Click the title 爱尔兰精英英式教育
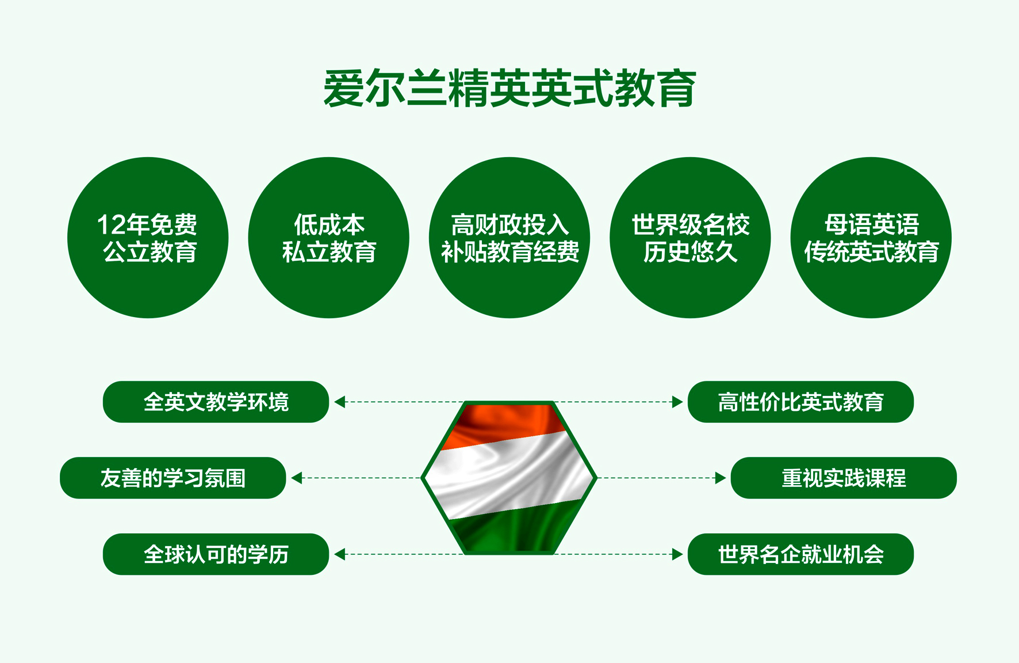click(510, 88)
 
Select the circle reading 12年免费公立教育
click(148, 238)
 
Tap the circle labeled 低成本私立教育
click(329, 238)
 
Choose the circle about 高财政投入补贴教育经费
click(510, 238)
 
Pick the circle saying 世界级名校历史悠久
click(690, 238)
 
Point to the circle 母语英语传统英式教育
click(871, 238)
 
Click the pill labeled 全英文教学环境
click(216, 402)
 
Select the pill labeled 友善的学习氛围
click(173, 478)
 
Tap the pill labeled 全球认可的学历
click(216, 554)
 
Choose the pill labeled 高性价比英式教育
click(800, 402)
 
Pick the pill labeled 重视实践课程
click(844, 478)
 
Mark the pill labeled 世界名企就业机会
click(800, 554)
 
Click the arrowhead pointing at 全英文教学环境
click(339, 402)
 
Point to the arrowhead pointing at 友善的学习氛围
click(296, 478)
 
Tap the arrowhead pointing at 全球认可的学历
click(339, 554)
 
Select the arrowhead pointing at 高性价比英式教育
click(677, 402)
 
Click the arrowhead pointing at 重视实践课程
click(721, 478)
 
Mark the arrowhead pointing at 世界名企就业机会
click(677, 554)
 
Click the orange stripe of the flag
click(506, 423)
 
